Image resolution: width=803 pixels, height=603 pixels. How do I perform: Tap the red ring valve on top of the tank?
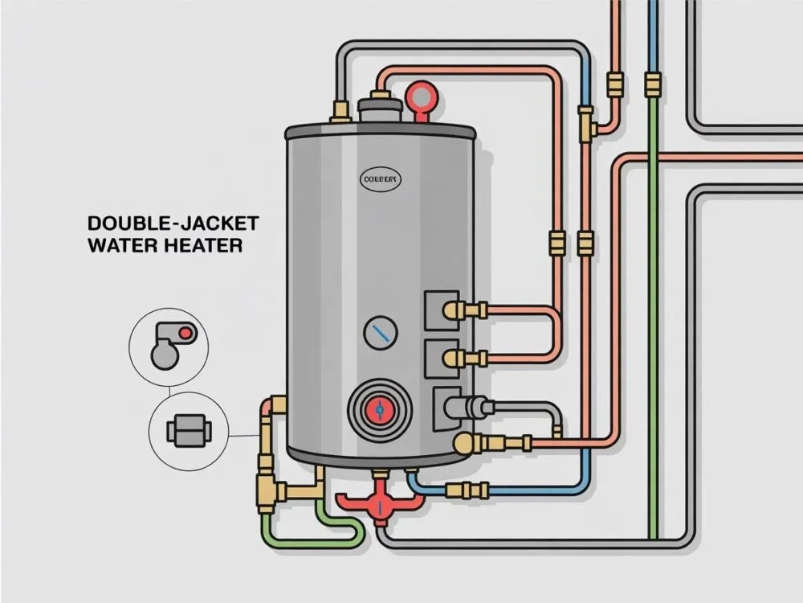[419, 95]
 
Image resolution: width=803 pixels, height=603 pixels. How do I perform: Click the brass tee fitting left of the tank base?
[274, 486]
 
